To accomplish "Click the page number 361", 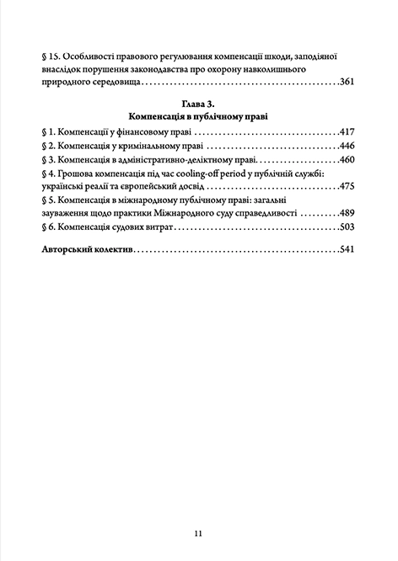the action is tap(348, 83).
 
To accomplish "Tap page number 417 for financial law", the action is tap(348, 133).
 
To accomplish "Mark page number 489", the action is tap(348, 213).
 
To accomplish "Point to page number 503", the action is tap(348, 227).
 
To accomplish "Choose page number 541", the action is tap(348, 250).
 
